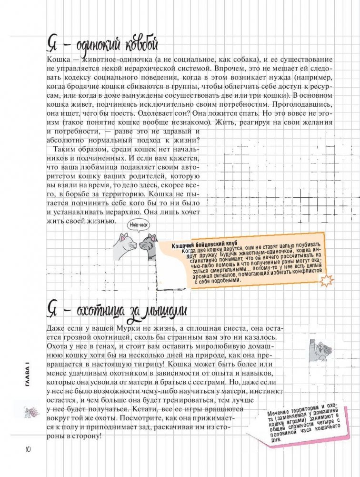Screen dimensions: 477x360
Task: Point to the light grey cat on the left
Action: pyautogui.click(x=123, y=246)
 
